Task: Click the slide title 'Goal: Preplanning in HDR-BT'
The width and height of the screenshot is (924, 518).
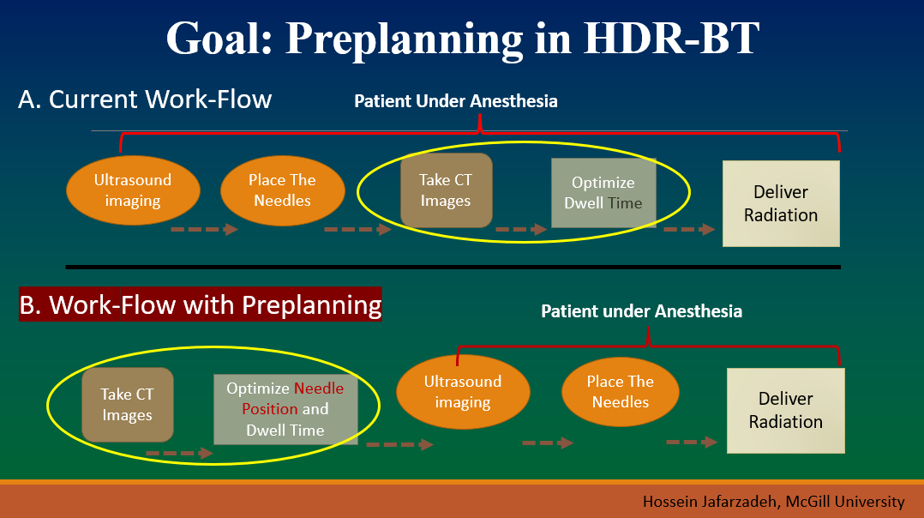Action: click(x=463, y=39)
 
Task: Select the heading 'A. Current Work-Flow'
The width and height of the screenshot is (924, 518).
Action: click(x=145, y=99)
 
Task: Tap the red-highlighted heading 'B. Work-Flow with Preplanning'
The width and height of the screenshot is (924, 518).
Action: click(x=201, y=304)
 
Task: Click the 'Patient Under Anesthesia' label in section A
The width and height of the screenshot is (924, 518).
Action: click(x=455, y=101)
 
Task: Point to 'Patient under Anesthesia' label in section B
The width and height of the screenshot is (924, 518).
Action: click(x=642, y=311)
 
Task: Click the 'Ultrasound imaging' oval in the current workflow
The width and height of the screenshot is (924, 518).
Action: click(x=133, y=190)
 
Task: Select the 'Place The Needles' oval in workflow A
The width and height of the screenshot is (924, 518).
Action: click(x=282, y=190)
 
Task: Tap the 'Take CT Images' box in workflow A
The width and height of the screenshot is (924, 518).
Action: click(x=446, y=190)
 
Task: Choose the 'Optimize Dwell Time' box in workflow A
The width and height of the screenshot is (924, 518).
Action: click(x=603, y=193)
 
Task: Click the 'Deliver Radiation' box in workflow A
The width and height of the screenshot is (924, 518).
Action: click(x=781, y=203)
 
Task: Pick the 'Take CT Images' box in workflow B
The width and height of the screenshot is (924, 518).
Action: click(x=127, y=405)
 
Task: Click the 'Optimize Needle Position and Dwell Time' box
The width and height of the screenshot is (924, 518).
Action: click(x=285, y=409)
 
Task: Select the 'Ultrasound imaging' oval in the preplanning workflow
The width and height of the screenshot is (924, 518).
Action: click(x=463, y=392)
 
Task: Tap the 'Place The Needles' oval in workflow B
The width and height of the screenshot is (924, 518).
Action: click(x=621, y=392)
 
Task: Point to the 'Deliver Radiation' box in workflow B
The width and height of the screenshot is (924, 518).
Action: click(x=785, y=411)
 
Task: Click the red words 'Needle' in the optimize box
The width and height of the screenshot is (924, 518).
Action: click(x=318, y=388)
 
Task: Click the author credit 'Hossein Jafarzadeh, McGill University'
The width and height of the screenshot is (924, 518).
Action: click(x=773, y=502)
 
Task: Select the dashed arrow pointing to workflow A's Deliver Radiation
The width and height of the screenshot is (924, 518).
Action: click(x=689, y=229)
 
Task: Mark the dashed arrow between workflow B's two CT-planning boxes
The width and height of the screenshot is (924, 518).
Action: click(x=180, y=453)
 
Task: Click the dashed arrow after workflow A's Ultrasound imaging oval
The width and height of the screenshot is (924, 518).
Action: click(x=205, y=229)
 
